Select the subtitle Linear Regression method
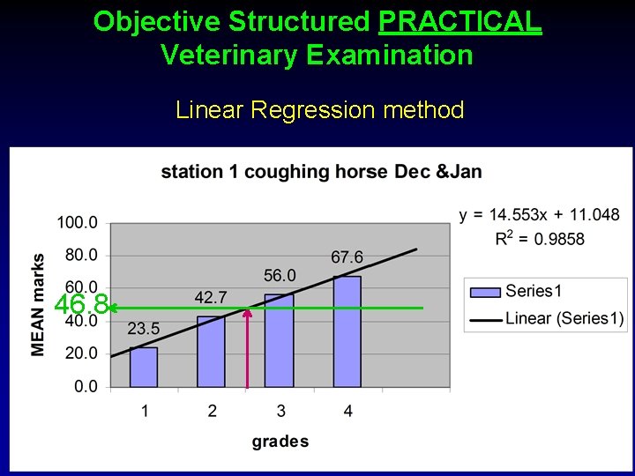[319, 110]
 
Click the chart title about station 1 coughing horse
[321, 171]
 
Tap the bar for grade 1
[144, 367]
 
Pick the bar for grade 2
[211, 352]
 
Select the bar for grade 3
[279, 341]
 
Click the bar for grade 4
[347, 331]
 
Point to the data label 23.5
[143, 330]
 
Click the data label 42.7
[211, 295]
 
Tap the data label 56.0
[279, 276]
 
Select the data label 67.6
[347, 257]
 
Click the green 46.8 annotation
[81, 306]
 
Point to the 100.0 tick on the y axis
[78, 222]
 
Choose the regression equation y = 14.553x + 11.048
[539, 215]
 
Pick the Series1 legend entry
[533, 292]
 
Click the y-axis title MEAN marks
[39, 304]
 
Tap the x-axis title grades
[280, 442]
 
